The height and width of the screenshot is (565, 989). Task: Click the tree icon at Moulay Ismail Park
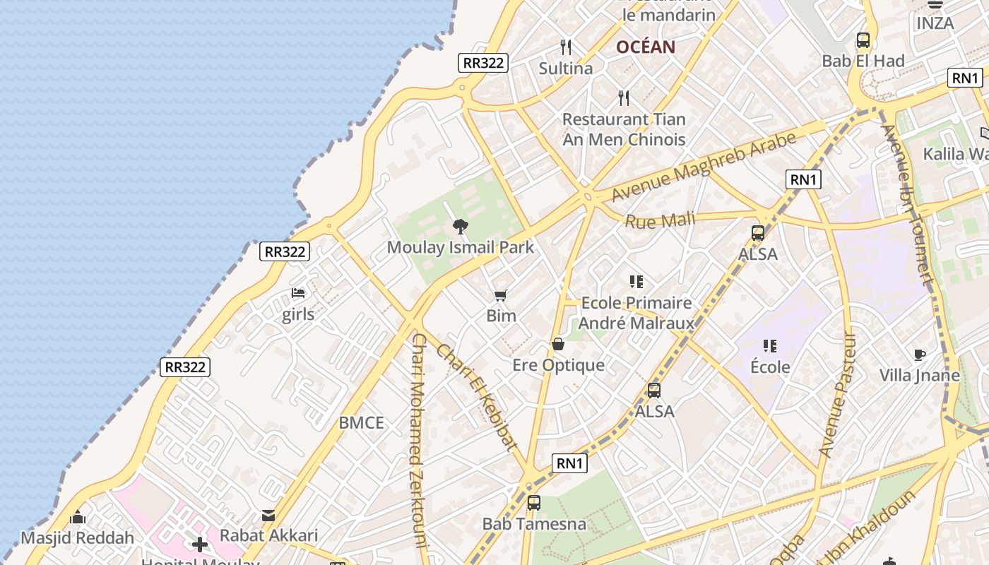coord(461,227)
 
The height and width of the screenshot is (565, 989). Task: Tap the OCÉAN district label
coord(646,47)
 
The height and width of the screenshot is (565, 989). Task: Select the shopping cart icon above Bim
coord(501,295)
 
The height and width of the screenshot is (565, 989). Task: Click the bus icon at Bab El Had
coord(863,40)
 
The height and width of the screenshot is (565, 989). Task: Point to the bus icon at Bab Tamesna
coord(534,503)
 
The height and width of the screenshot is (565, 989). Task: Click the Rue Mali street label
coord(660,220)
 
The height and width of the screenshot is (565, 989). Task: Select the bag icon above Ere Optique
coord(558,345)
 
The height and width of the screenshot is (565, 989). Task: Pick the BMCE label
coord(361,423)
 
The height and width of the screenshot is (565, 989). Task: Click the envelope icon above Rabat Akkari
coord(268,516)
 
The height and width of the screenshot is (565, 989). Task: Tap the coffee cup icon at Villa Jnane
coord(919,355)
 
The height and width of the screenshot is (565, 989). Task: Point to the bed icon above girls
coord(298,293)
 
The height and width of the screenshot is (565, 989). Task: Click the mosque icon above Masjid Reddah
coord(78,518)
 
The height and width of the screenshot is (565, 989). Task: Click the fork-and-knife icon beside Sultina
coord(565,47)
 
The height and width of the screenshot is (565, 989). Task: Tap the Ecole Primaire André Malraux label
coord(636,313)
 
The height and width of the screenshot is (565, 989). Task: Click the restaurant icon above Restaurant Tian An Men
coord(623,97)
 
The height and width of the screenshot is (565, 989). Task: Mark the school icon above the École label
coord(770,346)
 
